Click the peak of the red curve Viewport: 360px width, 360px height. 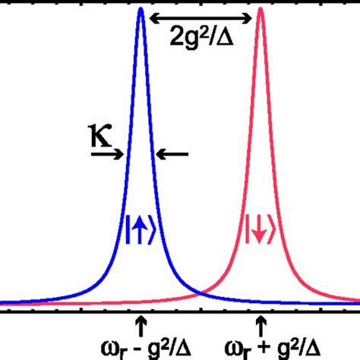point(261,11)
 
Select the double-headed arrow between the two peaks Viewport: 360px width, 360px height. point(201,16)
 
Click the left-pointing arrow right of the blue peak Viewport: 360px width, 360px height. point(172,154)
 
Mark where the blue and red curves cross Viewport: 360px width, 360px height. point(201,292)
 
